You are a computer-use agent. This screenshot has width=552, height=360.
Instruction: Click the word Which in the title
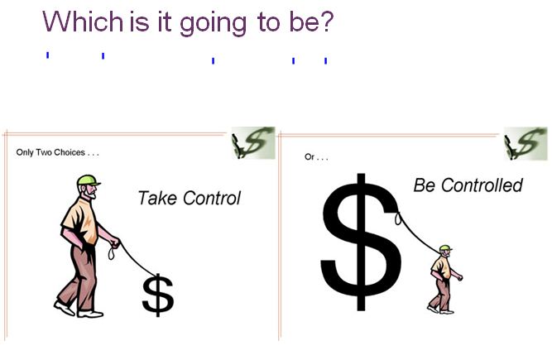click(x=83, y=22)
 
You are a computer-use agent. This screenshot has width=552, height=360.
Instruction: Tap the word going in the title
click(x=214, y=24)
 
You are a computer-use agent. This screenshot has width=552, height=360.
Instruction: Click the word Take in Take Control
click(x=157, y=198)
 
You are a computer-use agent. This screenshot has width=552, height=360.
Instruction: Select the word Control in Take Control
click(x=212, y=198)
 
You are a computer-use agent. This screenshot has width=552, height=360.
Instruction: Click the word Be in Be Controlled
click(x=425, y=185)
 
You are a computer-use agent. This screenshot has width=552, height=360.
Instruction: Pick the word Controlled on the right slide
click(x=482, y=185)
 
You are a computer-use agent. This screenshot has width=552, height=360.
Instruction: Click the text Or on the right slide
click(x=310, y=157)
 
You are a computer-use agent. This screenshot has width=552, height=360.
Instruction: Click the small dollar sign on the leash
click(x=158, y=295)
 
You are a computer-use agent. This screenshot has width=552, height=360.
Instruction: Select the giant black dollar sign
click(x=361, y=242)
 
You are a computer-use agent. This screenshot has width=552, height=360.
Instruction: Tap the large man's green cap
click(x=88, y=180)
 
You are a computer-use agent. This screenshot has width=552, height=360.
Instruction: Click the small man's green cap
click(x=445, y=247)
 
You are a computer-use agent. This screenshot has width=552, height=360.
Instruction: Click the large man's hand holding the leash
click(x=115, y=242)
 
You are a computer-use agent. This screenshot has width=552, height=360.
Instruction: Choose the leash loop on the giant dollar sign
click(x=398, y=218)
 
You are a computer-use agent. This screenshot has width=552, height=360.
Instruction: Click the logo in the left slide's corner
click(x=253, y=143)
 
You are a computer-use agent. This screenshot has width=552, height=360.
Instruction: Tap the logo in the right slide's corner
click(x=526, y=143)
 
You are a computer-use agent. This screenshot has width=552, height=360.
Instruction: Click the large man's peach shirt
click(x=80, y=220)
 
